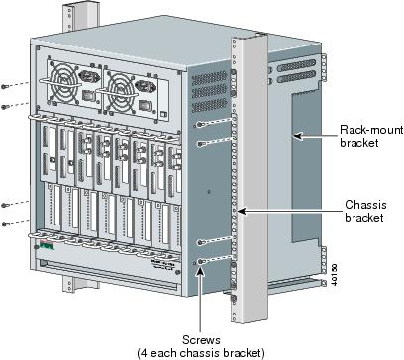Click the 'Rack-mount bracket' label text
click(x=371, y=136)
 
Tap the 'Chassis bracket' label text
click(x=365, y=211)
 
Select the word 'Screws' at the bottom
click(x=201, y=339)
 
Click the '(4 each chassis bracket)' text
click(x=201, y=353)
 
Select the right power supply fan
click(x=122, y=88)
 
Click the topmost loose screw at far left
click(x=4, y=86)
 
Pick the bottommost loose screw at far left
click(x=4, y=225)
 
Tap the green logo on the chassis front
click(x=47, y=246)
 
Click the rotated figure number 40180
click(x=334, y=274)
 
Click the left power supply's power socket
click(x=89, y=77)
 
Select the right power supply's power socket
click(x=146, y=87)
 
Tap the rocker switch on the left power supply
click(x=90, y=95)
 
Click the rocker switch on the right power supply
click(x=146, y=105)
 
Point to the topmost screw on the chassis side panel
click(x=199, y=124)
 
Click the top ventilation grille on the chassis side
click(x=209, y=78)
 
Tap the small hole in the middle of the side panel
click(x=209, y=191)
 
